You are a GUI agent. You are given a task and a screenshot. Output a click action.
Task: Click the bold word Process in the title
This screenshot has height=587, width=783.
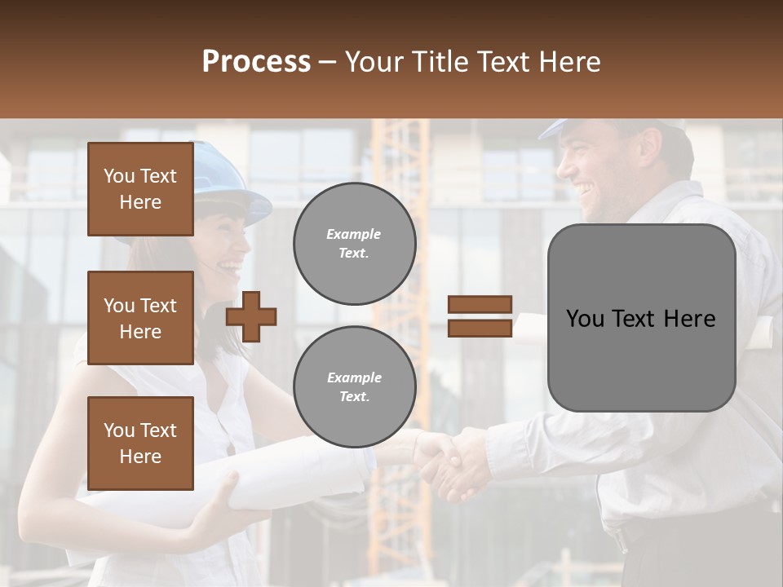pos(256,62)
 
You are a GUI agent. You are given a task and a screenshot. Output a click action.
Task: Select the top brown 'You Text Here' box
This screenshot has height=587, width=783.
pos(140,189)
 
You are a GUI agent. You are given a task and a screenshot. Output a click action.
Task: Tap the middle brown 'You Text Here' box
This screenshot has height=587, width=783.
pos(140,318)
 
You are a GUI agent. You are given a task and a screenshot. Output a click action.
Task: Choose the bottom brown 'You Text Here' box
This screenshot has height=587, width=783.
pos(140,444)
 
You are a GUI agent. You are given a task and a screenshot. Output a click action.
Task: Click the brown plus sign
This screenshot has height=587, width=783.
pos(251,316)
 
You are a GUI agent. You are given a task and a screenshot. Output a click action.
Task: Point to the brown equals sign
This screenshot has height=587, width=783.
pos(480,316)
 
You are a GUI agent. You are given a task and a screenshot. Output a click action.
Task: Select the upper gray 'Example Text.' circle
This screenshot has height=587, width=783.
pos(354,244)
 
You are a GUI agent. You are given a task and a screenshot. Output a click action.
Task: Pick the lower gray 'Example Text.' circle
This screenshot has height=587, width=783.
pos(354,386)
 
